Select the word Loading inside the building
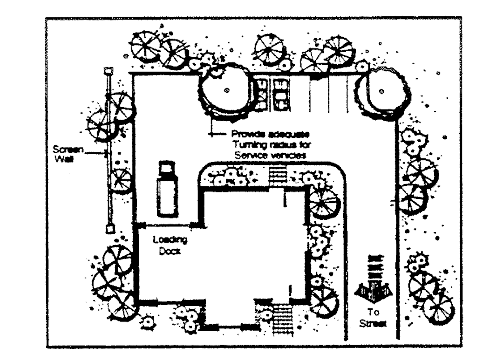click(x=170, y=240)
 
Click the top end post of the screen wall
click(x=109, y=71)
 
